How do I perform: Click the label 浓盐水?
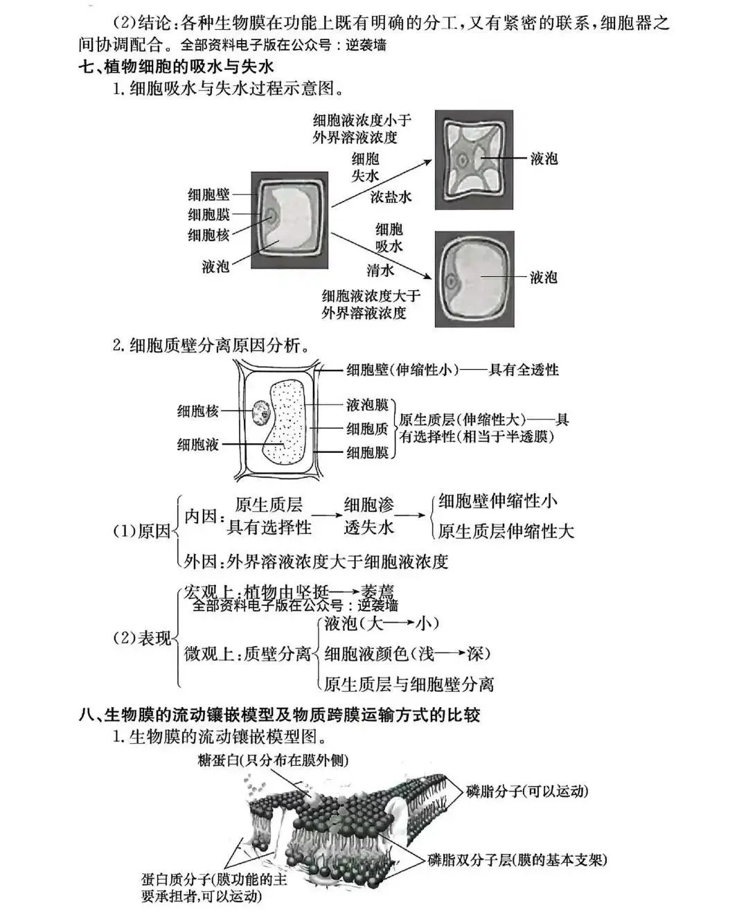tap(391, 197)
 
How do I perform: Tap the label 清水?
tap(380, 270)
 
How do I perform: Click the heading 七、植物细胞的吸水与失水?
tap(176, 67)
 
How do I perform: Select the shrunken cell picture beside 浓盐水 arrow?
tap(474, 159)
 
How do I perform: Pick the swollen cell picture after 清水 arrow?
tap(474, 278)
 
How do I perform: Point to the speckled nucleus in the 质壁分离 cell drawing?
tap(262, 413)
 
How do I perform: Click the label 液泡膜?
tap(366, 405)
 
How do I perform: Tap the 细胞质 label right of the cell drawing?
tap(366, 429)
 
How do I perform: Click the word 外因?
tap(202, 560)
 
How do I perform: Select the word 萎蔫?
tap(377, 592)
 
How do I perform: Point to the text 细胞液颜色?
tap(366, 653)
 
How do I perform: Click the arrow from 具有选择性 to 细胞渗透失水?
tap(327, 516)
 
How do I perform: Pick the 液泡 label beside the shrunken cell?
tap(544, 159)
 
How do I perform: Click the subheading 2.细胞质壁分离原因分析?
tap(211, 345)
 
